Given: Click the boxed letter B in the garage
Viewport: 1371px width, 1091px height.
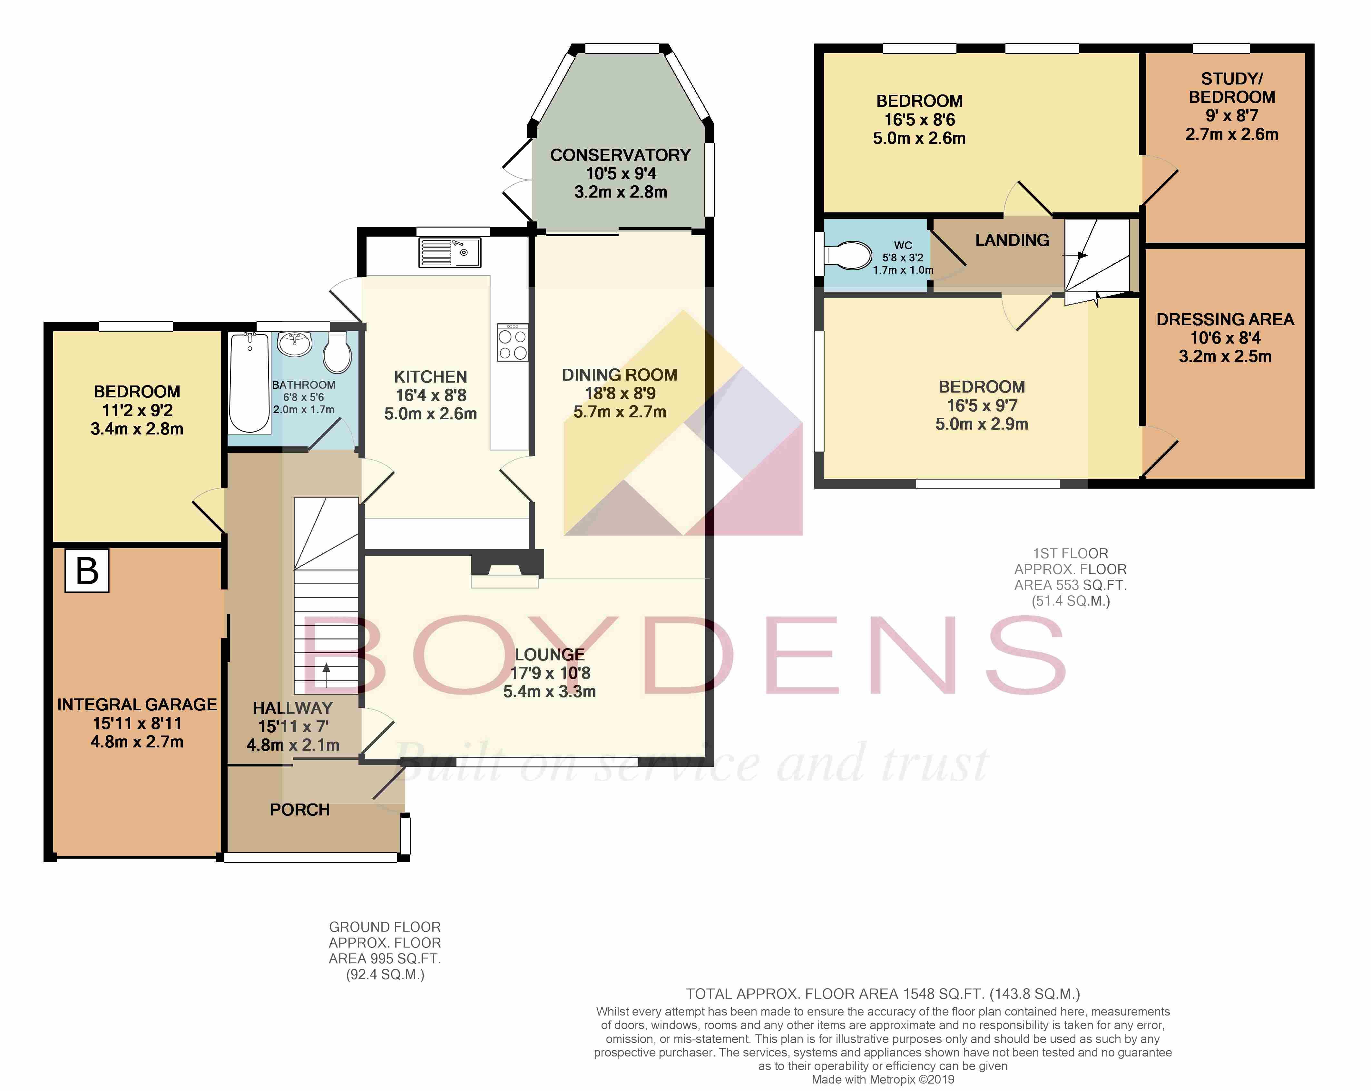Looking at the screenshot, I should tap(87, 571).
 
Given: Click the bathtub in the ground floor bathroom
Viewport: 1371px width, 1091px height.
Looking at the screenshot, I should tap(249, 383).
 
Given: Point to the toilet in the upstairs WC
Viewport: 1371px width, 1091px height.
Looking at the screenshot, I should tap(849, 256).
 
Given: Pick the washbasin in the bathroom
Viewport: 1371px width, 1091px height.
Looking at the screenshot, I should tap(294, 344).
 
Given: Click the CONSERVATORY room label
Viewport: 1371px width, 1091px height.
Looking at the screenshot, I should tap(620, 155).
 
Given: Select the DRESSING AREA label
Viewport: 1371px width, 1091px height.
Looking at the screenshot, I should tap(1225, 319).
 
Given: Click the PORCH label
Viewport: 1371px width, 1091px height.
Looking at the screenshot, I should tap(299, 809).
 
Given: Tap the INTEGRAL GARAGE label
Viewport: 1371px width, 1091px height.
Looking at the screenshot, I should tap(137, 705).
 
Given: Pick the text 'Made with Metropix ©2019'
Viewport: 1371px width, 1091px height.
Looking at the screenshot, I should tap(883, 1079).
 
